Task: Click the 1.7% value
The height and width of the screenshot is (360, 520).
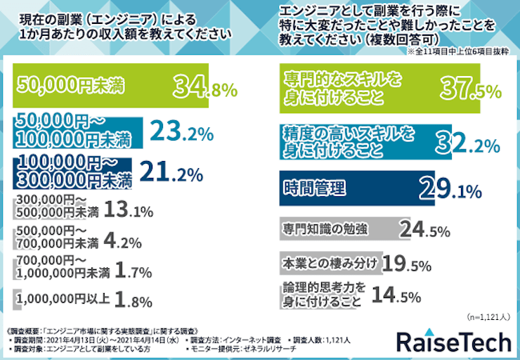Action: coord(134,270)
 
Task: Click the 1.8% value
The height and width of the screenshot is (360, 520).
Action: coord(133,301)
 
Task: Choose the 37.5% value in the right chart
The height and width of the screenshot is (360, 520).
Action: coord(469,89)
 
